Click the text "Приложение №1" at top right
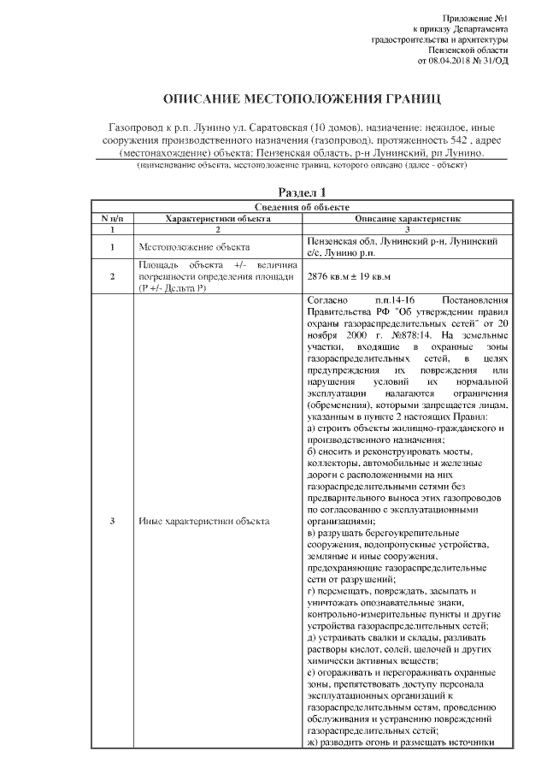pyautogui.click(x=476, y=18)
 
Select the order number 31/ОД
pyautogui.click(x=496, y=61)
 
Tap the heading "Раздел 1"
pyautogui.click(x=302, y=192)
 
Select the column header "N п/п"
pyautogui.click(x=112, y=219)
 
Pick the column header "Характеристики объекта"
pyautogui.click(x=218, y=219)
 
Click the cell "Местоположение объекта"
pyautogui.click(x=189, y=248)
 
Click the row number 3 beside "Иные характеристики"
pyautogui.click(x=112, y=521)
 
